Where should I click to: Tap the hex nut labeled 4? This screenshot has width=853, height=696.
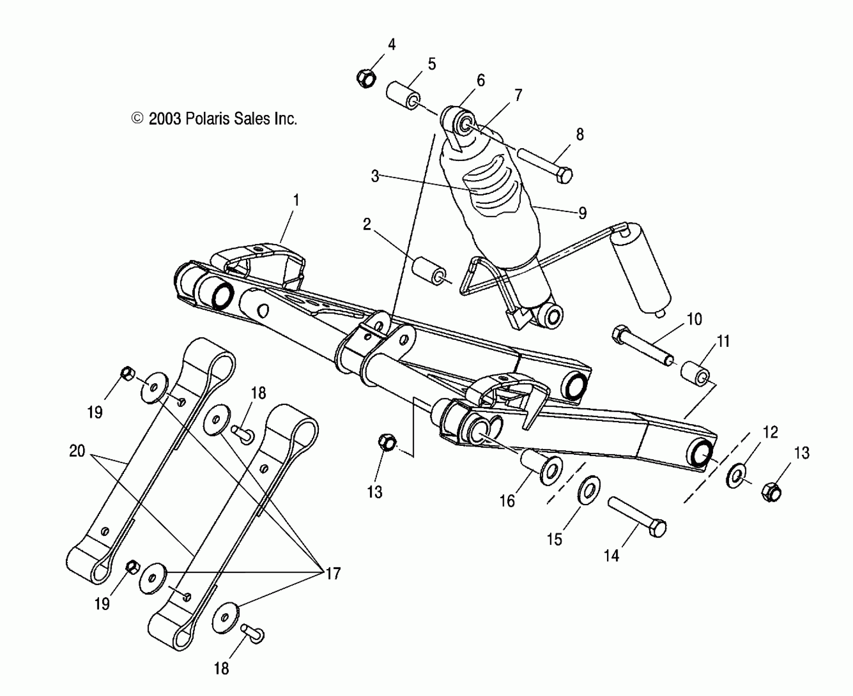(366, 78)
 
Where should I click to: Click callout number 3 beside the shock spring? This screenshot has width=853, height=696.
(375, 176)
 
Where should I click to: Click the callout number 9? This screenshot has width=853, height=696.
(582, 213)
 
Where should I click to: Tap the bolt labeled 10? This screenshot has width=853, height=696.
(643, 344)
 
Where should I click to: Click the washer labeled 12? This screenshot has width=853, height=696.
(737, 475)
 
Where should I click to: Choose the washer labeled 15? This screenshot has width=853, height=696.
(589, 488)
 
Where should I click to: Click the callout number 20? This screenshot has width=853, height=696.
(77, 451)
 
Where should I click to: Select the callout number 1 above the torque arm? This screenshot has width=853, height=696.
(296, 200)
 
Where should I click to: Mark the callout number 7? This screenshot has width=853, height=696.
(518, 95)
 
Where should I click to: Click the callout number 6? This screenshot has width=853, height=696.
(481, 80)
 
